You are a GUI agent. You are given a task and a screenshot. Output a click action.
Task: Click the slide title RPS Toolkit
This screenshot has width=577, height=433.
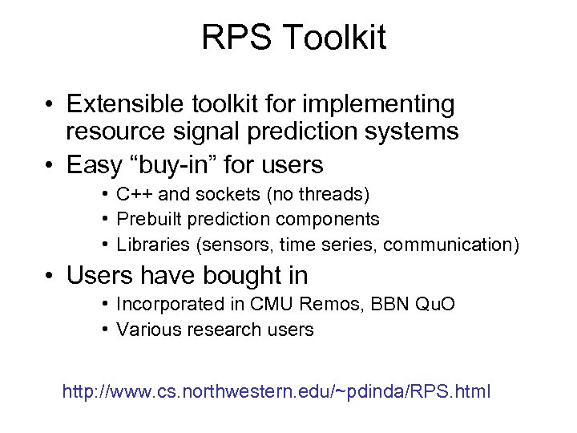293,38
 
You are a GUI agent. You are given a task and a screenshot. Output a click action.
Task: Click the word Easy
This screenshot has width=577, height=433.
93,165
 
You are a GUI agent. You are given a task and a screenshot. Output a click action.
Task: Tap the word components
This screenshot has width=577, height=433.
327,219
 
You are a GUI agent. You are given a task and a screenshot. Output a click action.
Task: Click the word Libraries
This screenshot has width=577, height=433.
151,245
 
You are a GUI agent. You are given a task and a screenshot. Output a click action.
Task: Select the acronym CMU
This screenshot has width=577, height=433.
268,304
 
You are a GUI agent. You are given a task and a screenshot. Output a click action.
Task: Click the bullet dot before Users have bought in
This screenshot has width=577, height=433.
50,277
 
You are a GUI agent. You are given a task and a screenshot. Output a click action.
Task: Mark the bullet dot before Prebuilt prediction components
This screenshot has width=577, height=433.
106,219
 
